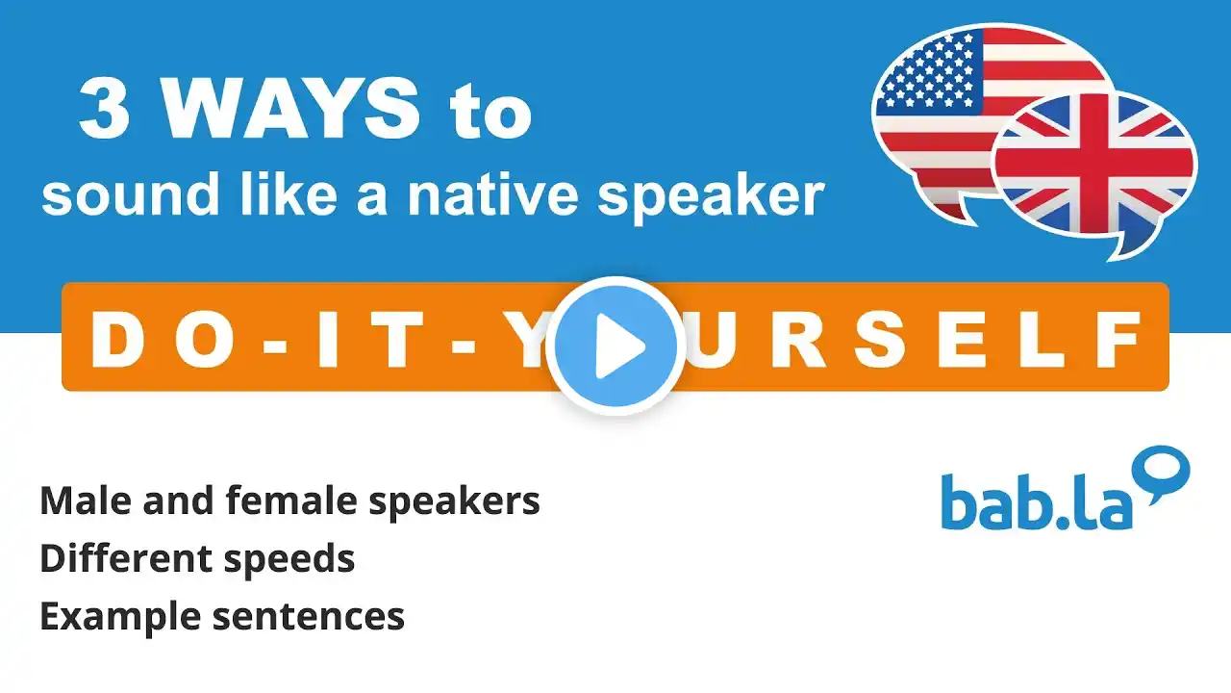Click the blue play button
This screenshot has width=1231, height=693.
[x=615, y=346]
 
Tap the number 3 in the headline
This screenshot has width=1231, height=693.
[x=106, y=108]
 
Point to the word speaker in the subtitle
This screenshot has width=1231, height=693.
[x=711, y=197]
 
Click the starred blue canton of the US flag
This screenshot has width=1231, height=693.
[x=930, y=71]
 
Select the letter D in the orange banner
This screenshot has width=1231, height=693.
[x=116, y=340]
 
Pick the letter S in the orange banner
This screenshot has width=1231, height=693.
[x=878, y=340]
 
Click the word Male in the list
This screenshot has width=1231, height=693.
[x=87, y=501]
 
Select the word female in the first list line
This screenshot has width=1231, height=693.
[x=291, y=501]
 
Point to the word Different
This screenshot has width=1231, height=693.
[x=125, y=559]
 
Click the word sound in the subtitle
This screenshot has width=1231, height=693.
[x=131, y=195]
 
